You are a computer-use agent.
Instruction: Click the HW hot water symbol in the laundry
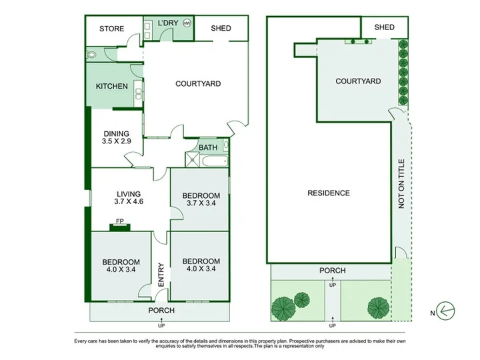[187, 23]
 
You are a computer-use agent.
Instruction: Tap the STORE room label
[112, 29]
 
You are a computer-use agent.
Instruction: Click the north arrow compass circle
[445, 311]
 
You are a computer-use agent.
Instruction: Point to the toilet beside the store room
[91, 55]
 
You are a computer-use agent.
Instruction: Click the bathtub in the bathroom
[215, 161]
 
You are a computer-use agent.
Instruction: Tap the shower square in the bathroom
[192, 160]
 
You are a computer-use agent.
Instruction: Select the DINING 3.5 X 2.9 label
[116, 137]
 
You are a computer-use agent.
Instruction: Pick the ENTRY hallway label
[161, 275]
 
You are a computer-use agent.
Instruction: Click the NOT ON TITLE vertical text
[401, 184]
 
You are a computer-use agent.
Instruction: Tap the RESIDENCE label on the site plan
[329, 193]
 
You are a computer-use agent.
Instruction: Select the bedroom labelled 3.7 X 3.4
[201, 199]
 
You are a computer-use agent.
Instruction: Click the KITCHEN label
[112, 86]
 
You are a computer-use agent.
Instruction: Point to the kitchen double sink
[139, 94]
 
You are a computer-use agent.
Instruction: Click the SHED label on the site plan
[384, 27]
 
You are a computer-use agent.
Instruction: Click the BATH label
[208, 147]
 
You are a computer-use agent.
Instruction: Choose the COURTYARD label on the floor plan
[198, 84]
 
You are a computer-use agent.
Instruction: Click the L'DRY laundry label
[168, 23]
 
